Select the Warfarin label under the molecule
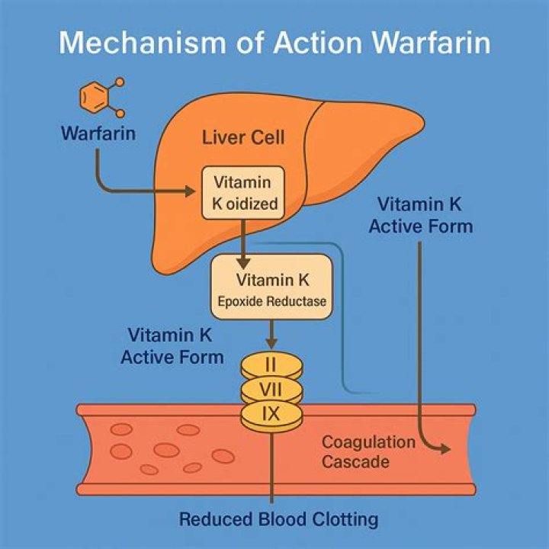pos(99,134)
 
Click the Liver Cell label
pos(243,138)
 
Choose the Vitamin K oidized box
pos(241,194)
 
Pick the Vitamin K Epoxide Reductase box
pos(271,285)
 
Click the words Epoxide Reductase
pos(271,301)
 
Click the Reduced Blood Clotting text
pos(279,520)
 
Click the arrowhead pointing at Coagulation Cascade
pos(444,451)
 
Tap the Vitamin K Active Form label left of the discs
pos(172,346)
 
